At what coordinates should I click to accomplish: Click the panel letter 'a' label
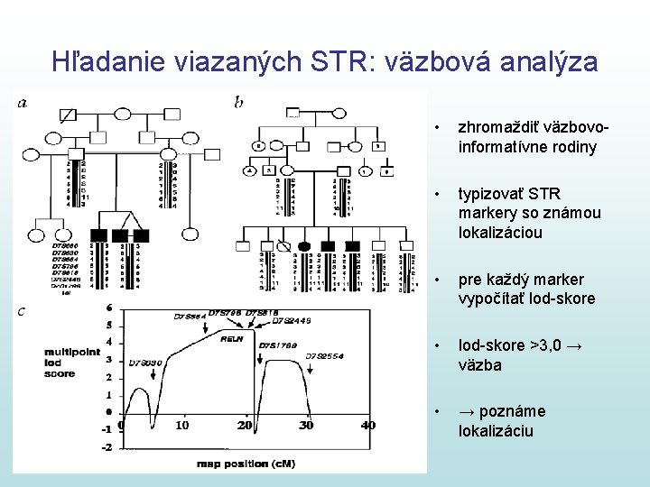click(x=22, y=103)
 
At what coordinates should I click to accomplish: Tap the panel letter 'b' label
click(x=238, y=103)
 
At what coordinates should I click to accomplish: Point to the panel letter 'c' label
click(x=22, y=312)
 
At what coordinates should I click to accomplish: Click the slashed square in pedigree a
click(x=67, y=115)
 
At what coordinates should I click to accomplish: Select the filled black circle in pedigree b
click(x=304, y=245)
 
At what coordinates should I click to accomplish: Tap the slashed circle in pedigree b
click(x=285, y=245)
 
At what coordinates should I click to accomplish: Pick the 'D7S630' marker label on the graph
click(x=144, y=363)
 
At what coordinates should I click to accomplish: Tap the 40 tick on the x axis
click(x=367, y=426)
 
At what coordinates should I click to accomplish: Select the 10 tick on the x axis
click(x=182, y=426)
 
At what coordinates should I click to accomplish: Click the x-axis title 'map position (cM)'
click(x=245, y=464)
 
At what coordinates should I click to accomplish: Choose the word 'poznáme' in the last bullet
click(x=514, y=411)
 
